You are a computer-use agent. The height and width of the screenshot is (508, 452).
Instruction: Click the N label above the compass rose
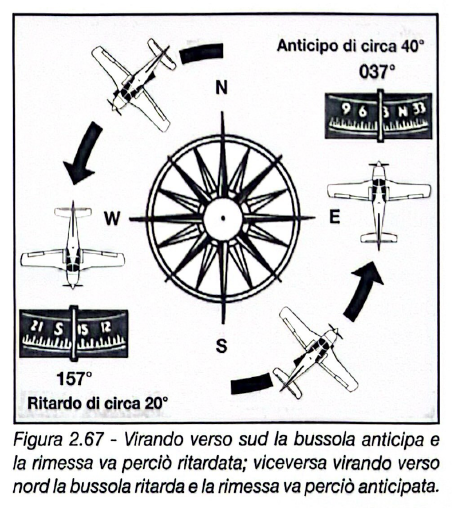[x=221, y=88]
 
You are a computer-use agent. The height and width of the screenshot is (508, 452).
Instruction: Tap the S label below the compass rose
[x=221, y=347]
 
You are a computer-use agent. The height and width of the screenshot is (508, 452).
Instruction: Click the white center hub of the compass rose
[x=221, y=217]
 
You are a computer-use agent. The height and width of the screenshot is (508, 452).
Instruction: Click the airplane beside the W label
[x=72, y=245]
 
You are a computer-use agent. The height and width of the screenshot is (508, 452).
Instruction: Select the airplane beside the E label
[x=378, y=200]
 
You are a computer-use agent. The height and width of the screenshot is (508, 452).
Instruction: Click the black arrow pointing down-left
[x=81, y=150]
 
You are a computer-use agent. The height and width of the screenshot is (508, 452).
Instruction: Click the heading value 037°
[x=376, y=73]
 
